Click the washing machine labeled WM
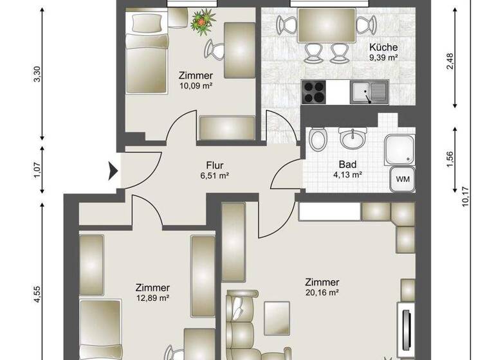(x=401, y=177)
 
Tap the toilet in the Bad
(x=316, y=139)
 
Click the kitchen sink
(x=369, y=93)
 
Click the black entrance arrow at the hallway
(x=113, y=171)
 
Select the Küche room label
(x=383, y=47)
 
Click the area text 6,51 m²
(x=214, y=175)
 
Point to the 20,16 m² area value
(x=323, y=293)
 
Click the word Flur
(x=214, y=164)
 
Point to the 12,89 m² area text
(x=152, y=298)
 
